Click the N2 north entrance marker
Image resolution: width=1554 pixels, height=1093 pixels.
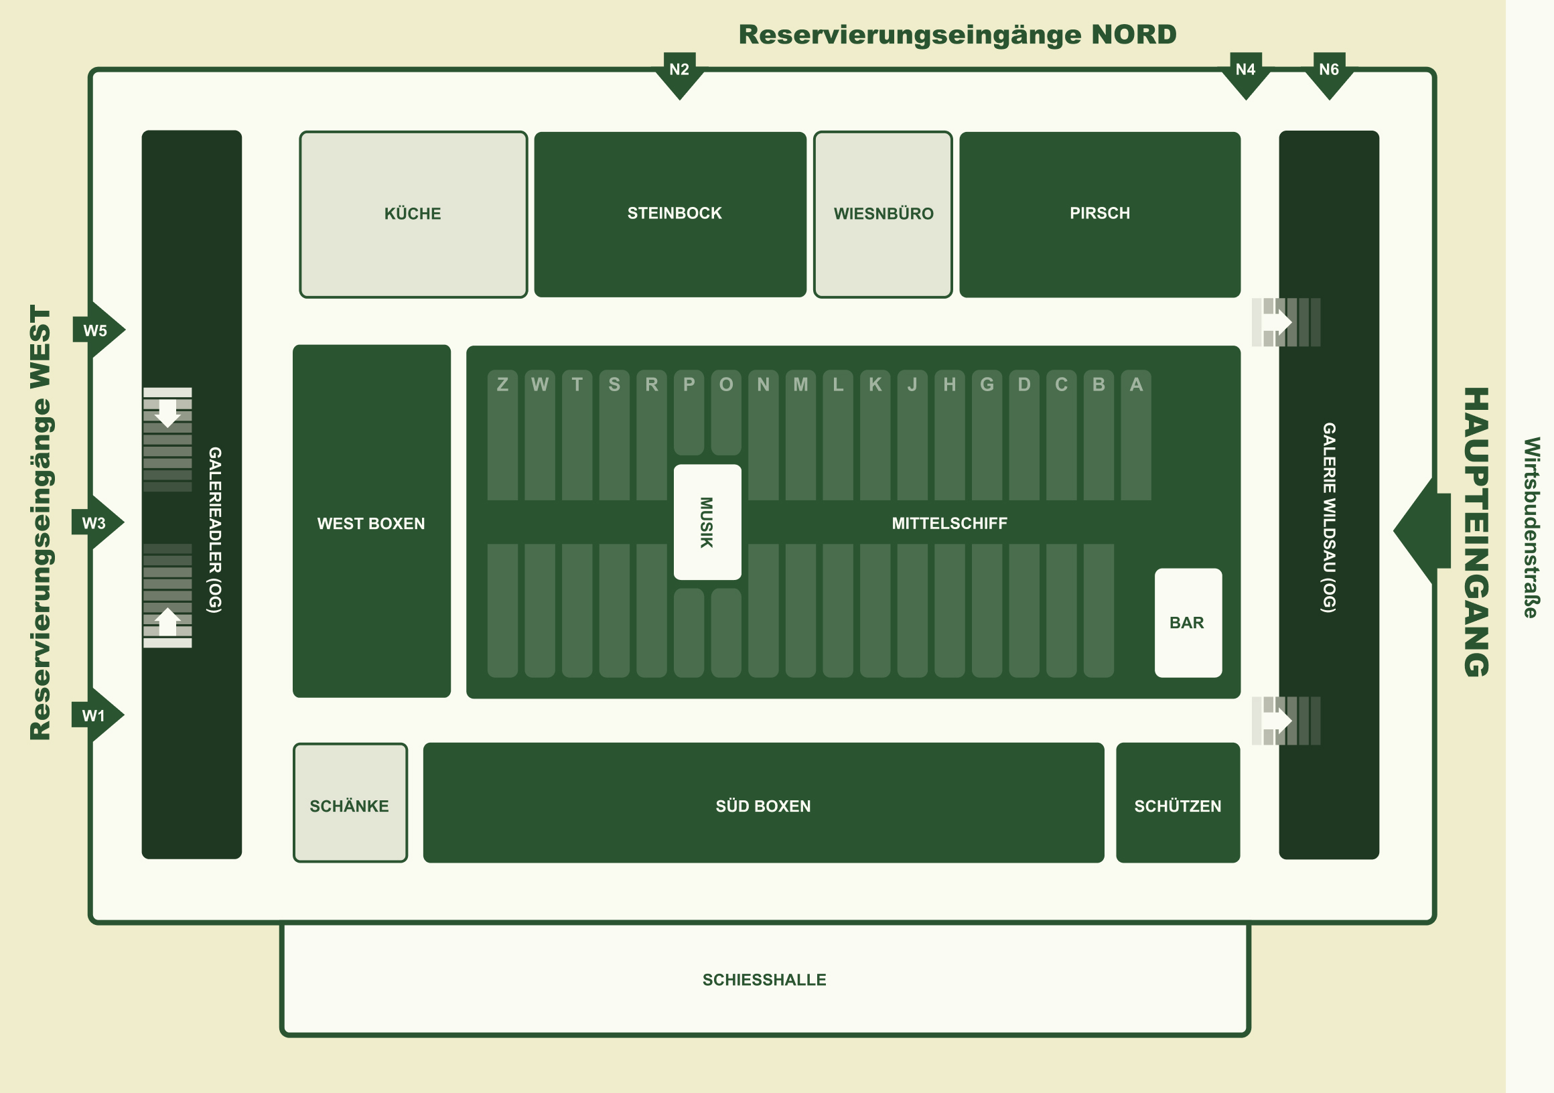click(x=679, y=71)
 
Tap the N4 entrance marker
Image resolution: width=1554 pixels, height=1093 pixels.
click(x=1245, y=71)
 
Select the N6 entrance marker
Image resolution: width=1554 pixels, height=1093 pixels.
click(x=1329, y=71)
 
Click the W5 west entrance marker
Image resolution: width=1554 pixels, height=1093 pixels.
click(x=96, y=330)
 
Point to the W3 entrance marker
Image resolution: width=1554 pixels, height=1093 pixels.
click(x=95, y=523)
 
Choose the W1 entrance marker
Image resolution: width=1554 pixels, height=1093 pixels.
click(x=95, y=715)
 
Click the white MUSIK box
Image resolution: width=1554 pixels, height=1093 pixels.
click(x=707, y=522)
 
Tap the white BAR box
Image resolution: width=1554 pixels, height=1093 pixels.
click(x=1188, y=623)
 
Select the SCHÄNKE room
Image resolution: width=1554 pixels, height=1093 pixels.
click(x=350, y=803)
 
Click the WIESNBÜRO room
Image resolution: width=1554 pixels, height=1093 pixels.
click(x=883, y=214)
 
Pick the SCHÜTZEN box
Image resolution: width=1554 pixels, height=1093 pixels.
click(x=1178, y=803)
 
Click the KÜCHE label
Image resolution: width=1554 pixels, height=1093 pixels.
click(x=413, y=214)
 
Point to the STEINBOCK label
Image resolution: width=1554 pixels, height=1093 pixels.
click(x=674, y=213)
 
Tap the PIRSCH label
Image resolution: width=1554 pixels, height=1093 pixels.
click(x=1100, y=213)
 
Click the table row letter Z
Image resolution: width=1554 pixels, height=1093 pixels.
click(x=502, y=384)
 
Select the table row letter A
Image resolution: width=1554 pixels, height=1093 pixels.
click(x=1136, y=384)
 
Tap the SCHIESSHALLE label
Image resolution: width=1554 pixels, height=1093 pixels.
click(x=764, y=980)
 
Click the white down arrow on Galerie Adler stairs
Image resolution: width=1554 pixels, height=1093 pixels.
click(x=167, y=412)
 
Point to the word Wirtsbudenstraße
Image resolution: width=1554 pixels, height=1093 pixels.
click(x=1531, y=527)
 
